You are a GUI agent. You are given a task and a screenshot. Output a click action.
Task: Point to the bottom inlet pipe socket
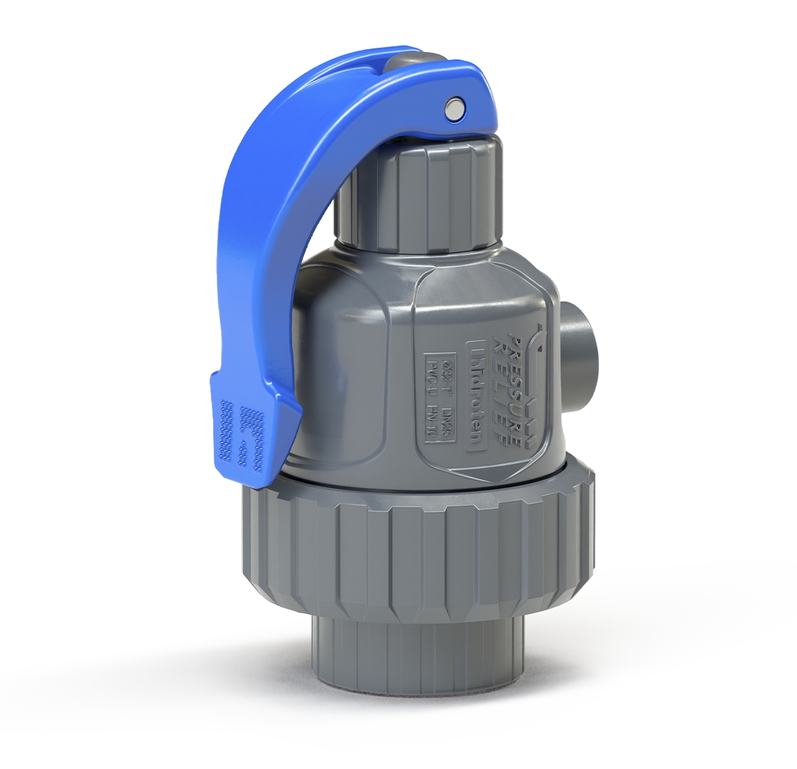click(x=406, y=652)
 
